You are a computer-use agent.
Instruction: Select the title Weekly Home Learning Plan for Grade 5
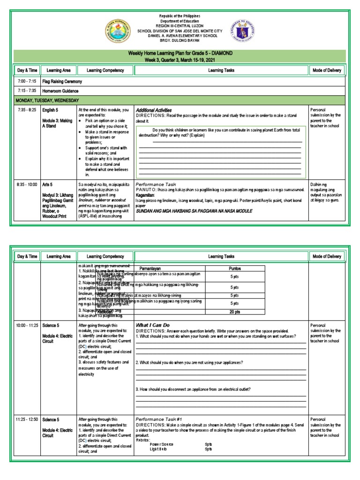pyautogui.click(x=180, y=53)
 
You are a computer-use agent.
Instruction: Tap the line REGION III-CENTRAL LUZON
pyautogui.click(x=180, y=26)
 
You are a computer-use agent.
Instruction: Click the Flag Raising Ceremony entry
pyautogui.click(x=61, y=81)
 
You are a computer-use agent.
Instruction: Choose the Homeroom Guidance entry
pyautogui.click(x=60, y=91)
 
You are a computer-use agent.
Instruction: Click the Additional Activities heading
pyautogui.click(x=153, y=110)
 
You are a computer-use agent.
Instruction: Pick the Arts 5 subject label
pyautogui.click(x=49, y=185)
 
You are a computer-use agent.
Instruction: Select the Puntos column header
pyautogui.click(x=235, y=269)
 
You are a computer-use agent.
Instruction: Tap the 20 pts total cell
pyautogui.click(x=235, y=311)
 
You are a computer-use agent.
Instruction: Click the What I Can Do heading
pyautogui.click(x=152, y=325)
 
